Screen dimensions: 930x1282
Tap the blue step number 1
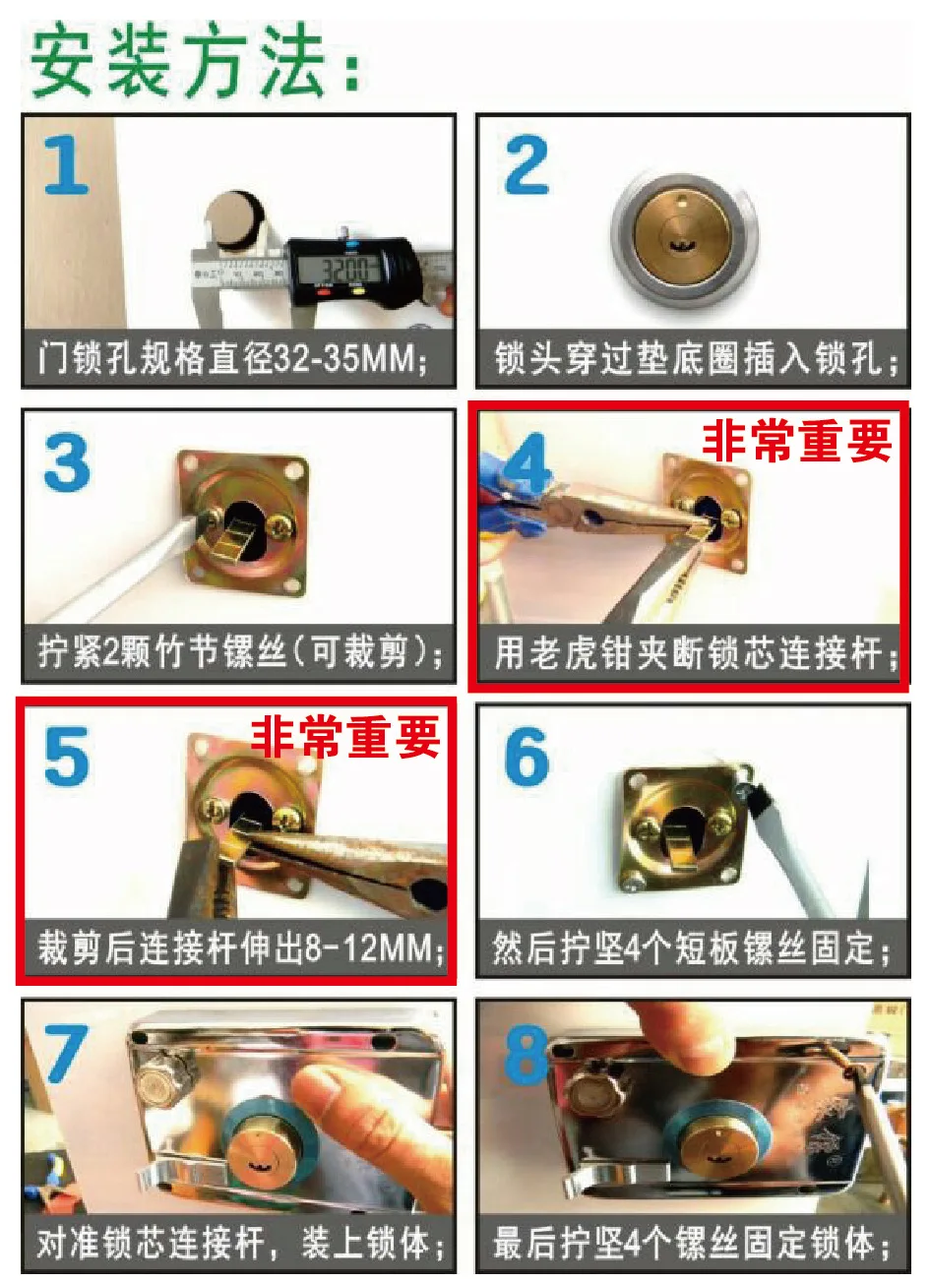pos(67,166)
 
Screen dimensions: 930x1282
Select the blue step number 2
pos(526,165)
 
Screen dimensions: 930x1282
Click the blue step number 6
pos(527,757)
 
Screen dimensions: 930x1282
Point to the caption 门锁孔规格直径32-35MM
pos(233,359)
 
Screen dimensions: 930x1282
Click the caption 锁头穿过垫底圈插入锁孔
pos(695,359)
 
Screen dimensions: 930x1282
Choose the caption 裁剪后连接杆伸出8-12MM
pos(240,948)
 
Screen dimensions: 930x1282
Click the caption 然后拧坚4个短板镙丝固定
pos(691,948)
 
